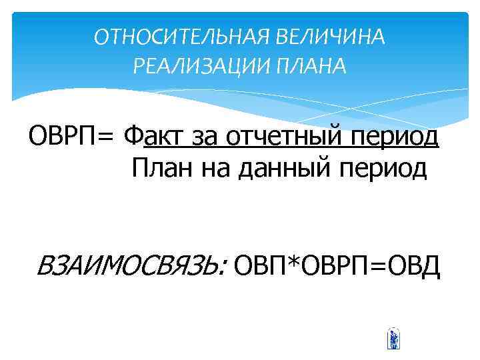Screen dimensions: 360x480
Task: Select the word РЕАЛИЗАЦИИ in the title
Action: click(x=189, y=66)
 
